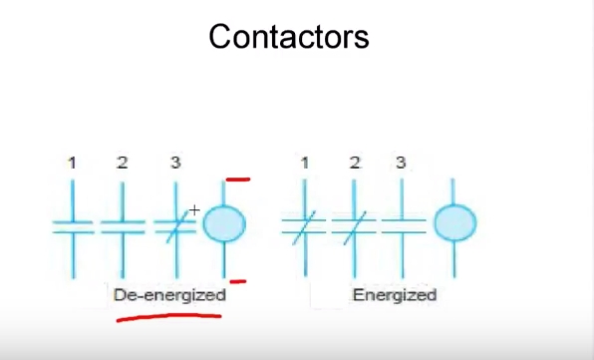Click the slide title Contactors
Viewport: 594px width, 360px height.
point(289,37)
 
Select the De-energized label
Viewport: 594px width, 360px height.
point(169,295)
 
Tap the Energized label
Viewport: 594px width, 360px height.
point(394,295)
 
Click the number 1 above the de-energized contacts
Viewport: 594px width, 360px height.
point(72,162)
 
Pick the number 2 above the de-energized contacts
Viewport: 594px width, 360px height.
point(123,162)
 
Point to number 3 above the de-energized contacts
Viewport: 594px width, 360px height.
point(174,162)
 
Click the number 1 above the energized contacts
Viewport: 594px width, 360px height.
point(304,162)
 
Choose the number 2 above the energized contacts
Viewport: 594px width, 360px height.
point(355,162)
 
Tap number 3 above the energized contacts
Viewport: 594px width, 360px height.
point(401,162)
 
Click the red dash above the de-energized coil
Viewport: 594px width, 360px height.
point(237,180)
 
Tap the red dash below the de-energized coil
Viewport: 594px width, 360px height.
point(237,281)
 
